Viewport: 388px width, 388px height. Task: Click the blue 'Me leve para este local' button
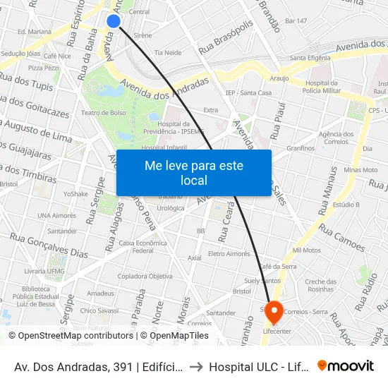click(x=193, y=173)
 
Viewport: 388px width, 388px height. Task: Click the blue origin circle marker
click(x=113, y=21)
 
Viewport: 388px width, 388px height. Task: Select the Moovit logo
click(x=346, y=365)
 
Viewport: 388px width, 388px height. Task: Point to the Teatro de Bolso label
click(x=103, y=114)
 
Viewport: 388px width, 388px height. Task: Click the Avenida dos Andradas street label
click(x=165, y=89)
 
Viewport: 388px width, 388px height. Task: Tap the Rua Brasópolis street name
click(x=226, y=38)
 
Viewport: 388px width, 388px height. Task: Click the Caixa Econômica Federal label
click(x=143, y=246)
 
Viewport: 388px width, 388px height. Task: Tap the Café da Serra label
click(x=278, y=266)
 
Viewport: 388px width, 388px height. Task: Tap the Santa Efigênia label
click(x=310, y=58)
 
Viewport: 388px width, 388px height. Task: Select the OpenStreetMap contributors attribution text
click(x=71, y=336)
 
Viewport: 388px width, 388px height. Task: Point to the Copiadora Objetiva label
click(x=145, y=276)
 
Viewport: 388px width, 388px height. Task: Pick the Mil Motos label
click(x=306, y=250)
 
